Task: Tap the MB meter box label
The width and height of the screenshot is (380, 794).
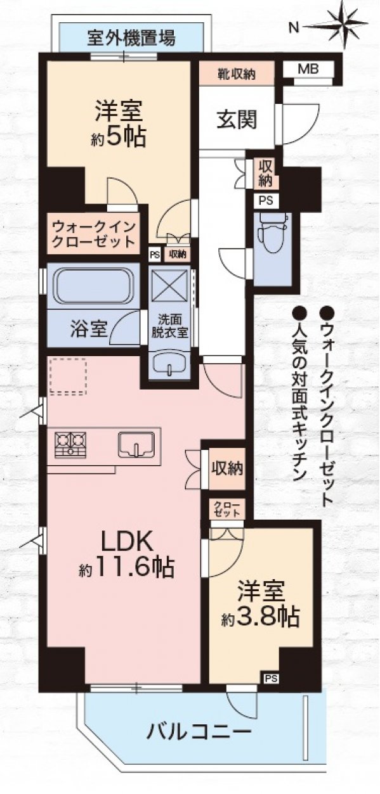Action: (x=308, y=68)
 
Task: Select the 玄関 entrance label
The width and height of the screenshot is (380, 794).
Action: (x=237, y=120)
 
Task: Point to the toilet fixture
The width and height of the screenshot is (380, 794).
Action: (x=273, y=233)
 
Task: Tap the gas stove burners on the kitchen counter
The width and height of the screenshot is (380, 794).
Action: (x=70, y=444)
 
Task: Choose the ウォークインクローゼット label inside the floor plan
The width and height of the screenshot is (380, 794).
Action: (x=94, y=234)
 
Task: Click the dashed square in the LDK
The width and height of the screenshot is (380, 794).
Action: (x=68, y=376)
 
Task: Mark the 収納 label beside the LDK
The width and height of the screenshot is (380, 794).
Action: (x=227, y=469)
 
